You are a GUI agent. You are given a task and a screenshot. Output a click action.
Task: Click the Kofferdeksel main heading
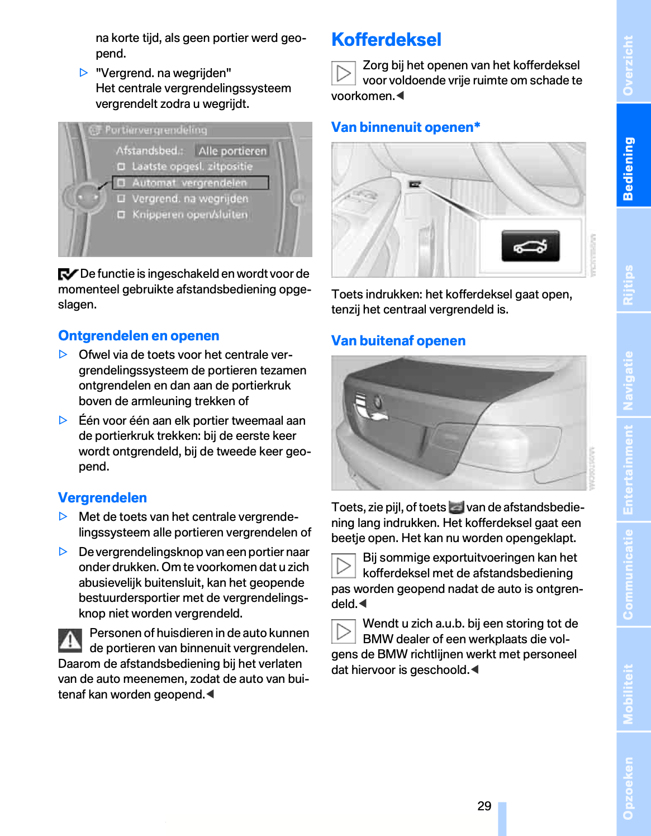pos(386,40)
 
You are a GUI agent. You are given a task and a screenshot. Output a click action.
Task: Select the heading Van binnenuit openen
pos(405,127)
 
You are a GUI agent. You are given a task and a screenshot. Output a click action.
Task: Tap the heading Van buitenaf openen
pos(398,341)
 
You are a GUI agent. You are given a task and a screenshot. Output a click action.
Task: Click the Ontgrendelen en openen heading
pos(139,336)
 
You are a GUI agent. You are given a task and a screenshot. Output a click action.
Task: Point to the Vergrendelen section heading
pos(102,498)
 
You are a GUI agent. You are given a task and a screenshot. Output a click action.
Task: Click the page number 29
pos(484,806)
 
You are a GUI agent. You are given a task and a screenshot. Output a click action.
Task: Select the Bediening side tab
pos(629,168)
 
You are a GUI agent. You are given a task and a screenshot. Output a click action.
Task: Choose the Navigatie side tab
pos(629,380)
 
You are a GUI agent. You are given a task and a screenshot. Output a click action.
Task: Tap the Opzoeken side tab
pos(629,788)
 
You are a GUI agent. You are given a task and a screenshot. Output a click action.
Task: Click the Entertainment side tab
pos(629,469)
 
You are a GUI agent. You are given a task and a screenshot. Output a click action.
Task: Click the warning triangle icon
pos(70,640)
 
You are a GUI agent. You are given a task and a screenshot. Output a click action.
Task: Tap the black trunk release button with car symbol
pos(530,246)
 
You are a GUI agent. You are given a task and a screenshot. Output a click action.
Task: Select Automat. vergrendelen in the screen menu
pos(189,183)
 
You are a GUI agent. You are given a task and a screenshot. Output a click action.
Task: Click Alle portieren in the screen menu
pos(232,151)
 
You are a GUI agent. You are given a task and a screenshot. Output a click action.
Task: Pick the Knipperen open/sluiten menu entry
pos(189,215)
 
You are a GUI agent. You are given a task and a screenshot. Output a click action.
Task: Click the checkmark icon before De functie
pos(68,274)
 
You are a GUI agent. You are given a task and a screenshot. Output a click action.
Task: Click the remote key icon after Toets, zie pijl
pos(456,507)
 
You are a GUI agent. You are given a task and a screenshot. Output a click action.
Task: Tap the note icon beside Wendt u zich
pos(343,631)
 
